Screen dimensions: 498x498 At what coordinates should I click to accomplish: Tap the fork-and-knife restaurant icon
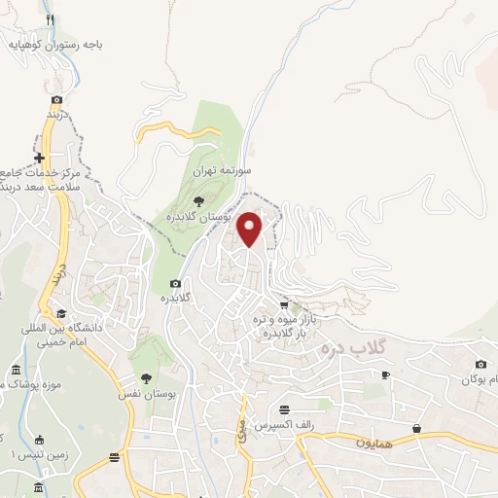coord(50,19)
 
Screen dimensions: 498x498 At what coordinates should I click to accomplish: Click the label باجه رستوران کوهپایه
coord(57,44)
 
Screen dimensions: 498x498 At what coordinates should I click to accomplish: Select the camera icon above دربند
coord(57,99)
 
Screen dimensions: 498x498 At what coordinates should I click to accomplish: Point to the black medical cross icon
coord(39,158)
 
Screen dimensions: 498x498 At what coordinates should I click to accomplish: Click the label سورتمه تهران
coord(222,169)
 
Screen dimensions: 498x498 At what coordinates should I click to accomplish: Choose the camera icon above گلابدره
coord(175,284)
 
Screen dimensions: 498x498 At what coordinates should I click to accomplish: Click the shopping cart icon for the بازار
coord(283,304)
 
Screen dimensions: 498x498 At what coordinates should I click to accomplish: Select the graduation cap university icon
coord(61,313)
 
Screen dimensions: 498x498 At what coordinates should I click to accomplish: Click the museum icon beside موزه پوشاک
coord(15,372)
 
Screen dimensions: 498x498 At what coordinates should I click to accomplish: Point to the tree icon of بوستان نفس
coord(147,378)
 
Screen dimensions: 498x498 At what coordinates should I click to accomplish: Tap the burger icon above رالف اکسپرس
coord(283,409)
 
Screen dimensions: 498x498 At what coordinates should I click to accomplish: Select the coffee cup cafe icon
coord(385,375)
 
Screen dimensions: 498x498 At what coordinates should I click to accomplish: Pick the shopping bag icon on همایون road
coord(417,428)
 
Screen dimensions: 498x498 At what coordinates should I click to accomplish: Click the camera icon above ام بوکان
coord(480,364)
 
